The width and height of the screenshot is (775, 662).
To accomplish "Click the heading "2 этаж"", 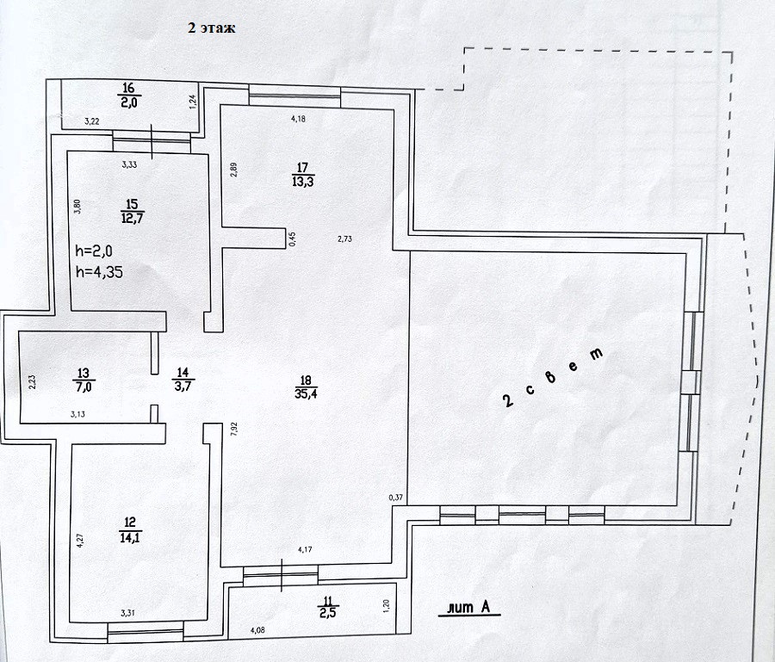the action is (x=212, y=28).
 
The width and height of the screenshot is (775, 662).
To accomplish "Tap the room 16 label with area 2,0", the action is (x=128, y=96).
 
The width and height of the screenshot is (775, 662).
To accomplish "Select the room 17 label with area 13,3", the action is (x=302, y=176).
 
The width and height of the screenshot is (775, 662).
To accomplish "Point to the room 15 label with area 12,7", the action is (x=132, y=212).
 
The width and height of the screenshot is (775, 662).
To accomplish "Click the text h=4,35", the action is (x=99, y=272).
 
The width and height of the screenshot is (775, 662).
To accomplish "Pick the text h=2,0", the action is (x=94, y=251).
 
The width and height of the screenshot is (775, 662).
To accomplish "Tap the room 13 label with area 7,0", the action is (x=83, y=380).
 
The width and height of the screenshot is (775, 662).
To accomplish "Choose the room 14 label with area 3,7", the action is (x=183, y=380).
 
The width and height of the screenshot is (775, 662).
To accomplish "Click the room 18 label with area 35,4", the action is (x=306, y=387).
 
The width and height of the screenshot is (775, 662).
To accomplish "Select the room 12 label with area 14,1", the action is (x=129, y=530).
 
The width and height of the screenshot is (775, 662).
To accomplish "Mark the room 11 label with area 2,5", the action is (x=328, y=607).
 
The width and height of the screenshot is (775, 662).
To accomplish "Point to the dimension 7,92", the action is (x=234, y=428).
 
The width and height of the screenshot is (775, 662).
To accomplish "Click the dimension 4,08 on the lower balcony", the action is (x=258, y=630).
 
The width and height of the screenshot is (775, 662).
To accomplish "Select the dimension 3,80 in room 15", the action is (x=77, y=206).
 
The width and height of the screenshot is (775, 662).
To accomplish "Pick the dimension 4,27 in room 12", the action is (x=80, y=539).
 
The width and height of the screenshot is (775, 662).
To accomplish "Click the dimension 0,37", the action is (x=395, y=498).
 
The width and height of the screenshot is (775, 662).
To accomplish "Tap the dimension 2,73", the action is (x=344, y=239).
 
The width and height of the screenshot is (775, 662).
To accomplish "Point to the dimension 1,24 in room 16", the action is (x=193, y=102).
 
